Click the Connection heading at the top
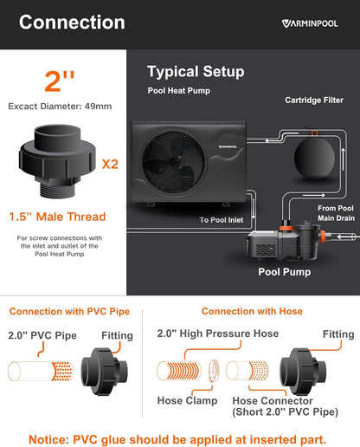[x=72, y=23]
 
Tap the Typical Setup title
[x=196, y=72]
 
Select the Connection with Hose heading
[x=252, y=311]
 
